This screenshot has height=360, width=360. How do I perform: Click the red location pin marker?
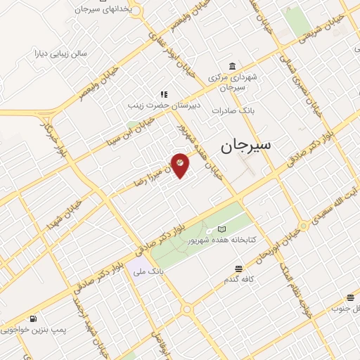click(180, 164)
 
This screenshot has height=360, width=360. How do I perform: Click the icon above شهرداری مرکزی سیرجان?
click(232, 67)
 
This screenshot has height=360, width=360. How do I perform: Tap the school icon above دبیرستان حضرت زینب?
click(163, 94)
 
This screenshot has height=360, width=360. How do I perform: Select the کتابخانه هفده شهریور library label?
click(221, 240)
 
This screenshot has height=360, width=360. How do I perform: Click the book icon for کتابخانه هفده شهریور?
click(222, 229)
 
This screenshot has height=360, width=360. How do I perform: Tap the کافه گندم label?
click(239, 279)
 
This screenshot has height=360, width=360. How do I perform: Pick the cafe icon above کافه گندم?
click(239, 269)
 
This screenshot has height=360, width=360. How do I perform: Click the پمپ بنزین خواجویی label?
click(28, 328)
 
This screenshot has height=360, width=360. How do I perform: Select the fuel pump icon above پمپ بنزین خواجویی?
click(32, 318)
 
